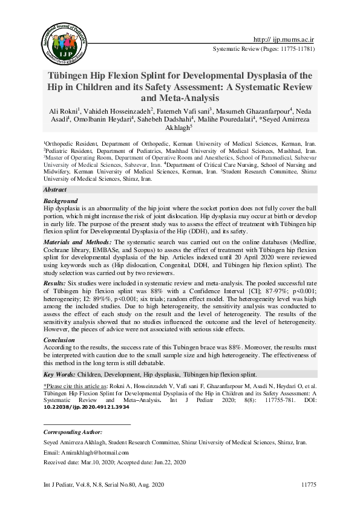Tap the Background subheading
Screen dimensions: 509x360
coord(61,201)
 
